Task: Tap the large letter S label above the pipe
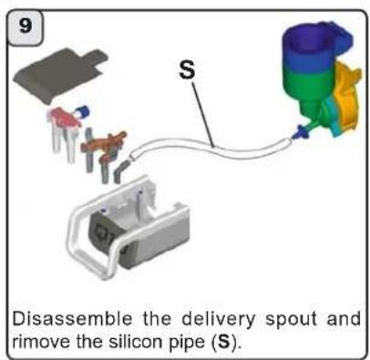pyautogui.click(x=187, y=71)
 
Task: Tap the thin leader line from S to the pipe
pyautogui.click(x=202, y=114)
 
